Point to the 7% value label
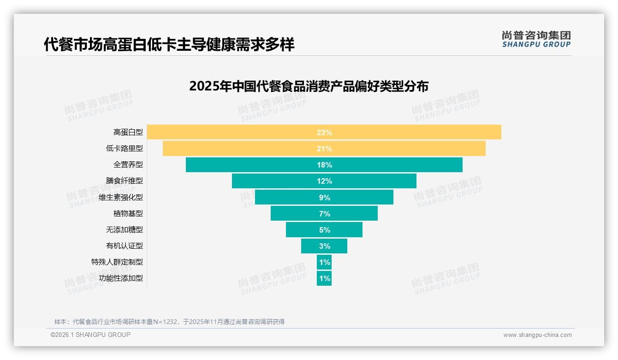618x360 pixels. click(324, 214)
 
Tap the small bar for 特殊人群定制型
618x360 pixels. click(324, 262)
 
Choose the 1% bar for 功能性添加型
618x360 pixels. click(324, 278)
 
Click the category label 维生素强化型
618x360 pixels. click(121, 197)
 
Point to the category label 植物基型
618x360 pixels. click(128, 213)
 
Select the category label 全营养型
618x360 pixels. click(128, 164)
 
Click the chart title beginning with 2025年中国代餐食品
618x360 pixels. click(309, 86)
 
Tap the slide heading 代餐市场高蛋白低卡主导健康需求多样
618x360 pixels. click(169, 44)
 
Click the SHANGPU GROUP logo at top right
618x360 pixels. click(536, 39)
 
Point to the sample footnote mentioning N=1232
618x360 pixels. click(169, 322)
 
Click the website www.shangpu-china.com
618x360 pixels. click(537, 335)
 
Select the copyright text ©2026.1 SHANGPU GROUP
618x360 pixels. click(90, 335)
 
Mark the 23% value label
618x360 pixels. click(324, 132)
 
